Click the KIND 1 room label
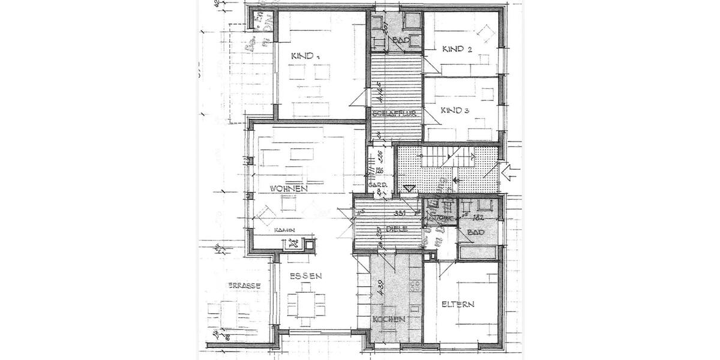click(305, 56)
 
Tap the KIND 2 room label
click(457, 49)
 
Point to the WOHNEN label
click(289, 188)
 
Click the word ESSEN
click(305, 277)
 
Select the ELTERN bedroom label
click(458, 305)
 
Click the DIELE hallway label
click(397, 229)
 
